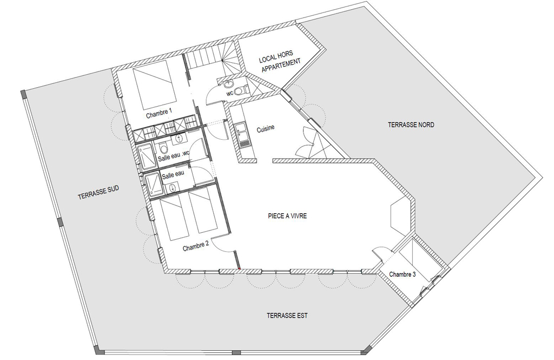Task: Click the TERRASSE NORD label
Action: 411,125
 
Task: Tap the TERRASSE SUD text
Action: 98,192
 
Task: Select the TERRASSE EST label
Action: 287,316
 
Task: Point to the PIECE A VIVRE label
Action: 287,215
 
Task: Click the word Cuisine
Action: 265,129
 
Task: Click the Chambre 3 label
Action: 403,274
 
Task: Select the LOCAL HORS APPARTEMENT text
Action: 279,60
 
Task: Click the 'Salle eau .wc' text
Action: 174,156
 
